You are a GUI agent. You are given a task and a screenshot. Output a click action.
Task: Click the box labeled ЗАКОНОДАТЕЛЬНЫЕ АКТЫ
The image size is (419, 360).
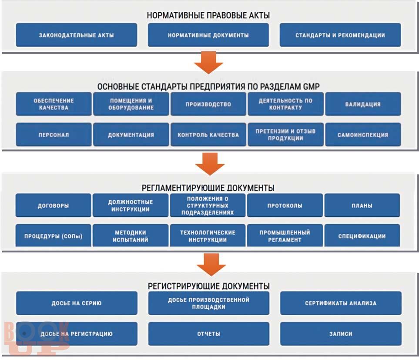point(77,35)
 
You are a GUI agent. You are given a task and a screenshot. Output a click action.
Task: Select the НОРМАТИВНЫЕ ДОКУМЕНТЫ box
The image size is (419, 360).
point(208,35)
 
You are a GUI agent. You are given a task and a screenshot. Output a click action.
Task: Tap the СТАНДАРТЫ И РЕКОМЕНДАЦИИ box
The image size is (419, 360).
point(340,35)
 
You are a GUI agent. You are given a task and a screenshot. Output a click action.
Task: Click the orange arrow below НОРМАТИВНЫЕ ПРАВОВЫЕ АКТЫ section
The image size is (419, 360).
point(208,63)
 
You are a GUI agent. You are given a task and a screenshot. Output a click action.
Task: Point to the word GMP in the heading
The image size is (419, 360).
point(311,87)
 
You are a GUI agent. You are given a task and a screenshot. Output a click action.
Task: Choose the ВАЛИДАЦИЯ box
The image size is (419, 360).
point(363,104)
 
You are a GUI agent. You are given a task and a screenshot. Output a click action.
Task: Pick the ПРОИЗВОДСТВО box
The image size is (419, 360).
point(208,104)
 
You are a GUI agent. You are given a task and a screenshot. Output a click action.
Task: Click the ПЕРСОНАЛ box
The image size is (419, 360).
point(54,135)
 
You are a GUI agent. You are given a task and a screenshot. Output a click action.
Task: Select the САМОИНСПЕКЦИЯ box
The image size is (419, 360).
point(363,135)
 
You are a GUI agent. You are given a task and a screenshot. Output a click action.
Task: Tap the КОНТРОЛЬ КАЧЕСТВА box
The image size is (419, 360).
point(208,135)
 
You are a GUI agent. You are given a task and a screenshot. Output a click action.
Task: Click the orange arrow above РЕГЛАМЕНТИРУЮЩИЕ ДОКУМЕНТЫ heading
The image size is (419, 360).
point(210,164)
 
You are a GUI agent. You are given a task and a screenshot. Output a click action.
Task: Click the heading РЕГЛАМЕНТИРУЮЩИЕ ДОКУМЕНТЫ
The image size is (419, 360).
point(208,188)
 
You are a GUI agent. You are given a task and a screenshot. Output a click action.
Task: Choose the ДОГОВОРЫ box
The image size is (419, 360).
point(53,205)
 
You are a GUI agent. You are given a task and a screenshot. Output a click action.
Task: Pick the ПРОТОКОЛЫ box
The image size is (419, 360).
point(285,205)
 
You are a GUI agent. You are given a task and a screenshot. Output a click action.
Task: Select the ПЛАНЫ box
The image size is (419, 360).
point(362,205)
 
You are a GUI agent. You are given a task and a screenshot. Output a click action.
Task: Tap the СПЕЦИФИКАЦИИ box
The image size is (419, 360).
point(362,236)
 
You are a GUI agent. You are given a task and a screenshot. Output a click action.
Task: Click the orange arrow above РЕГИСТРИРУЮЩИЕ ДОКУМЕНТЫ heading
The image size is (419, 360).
point(211,265)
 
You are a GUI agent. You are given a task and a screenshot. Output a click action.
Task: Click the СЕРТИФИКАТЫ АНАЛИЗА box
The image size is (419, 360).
point(341,303)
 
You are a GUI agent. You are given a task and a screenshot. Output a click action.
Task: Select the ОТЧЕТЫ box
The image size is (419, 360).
point(209,333)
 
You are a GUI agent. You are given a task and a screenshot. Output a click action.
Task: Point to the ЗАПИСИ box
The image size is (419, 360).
point(341,333)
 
